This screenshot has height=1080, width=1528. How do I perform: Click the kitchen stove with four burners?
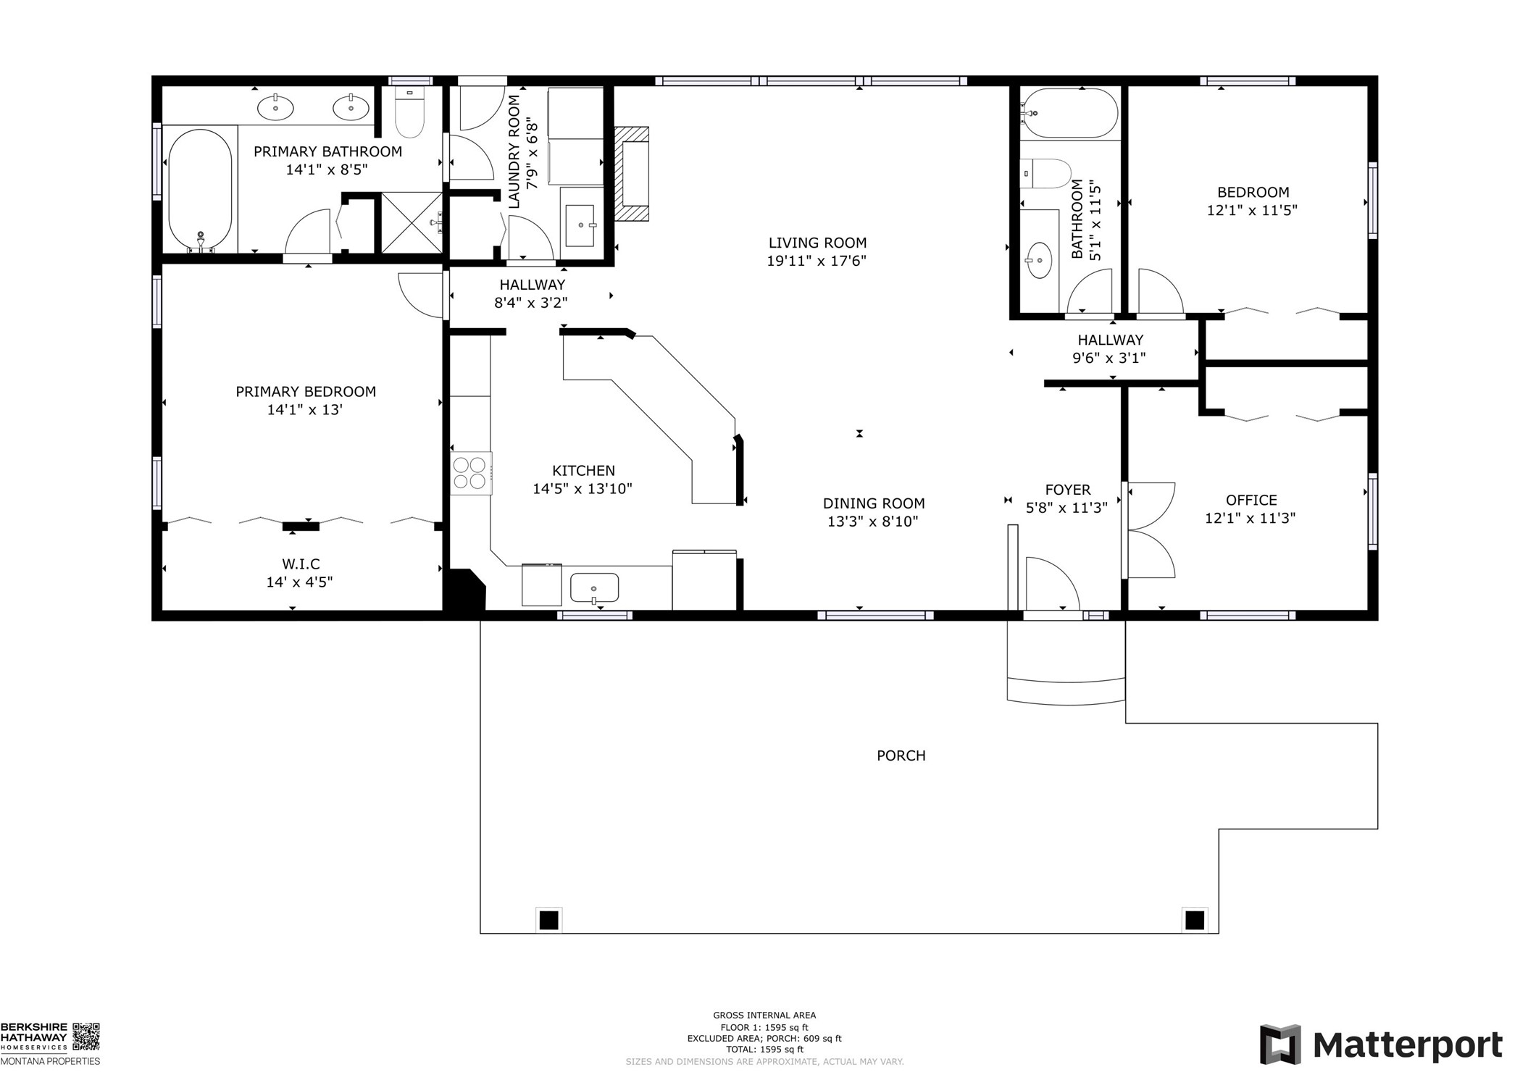[x=470, y=472]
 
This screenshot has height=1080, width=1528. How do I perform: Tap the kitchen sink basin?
[x=594, y=587]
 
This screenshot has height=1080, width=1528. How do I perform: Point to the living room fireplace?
[x=632, y=174]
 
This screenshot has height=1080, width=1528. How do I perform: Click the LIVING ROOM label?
[x=817, y=243]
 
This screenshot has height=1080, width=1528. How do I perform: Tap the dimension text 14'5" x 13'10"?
[x=583, y=489]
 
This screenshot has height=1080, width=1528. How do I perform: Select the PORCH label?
[x=901, y=755]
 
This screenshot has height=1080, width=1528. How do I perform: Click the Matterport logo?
[x=1381, y=1045]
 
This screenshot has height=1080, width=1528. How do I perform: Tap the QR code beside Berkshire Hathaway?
[x=86, y=1037]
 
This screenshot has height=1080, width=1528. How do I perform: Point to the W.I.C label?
[x=301, y=564]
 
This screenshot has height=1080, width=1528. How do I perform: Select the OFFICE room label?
[x=1251, y=500]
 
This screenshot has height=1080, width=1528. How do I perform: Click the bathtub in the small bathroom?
[x=1069, y=113]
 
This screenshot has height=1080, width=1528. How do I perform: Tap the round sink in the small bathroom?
[x=1040, y=259]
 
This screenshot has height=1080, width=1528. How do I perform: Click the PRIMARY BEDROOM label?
[x=306, y=392]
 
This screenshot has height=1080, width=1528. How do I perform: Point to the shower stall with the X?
[x=411, y=222]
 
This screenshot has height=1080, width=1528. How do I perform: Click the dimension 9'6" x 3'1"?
[x=1109, y=358]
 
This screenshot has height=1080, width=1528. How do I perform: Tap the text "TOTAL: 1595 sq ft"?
[x=764, y=1050]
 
